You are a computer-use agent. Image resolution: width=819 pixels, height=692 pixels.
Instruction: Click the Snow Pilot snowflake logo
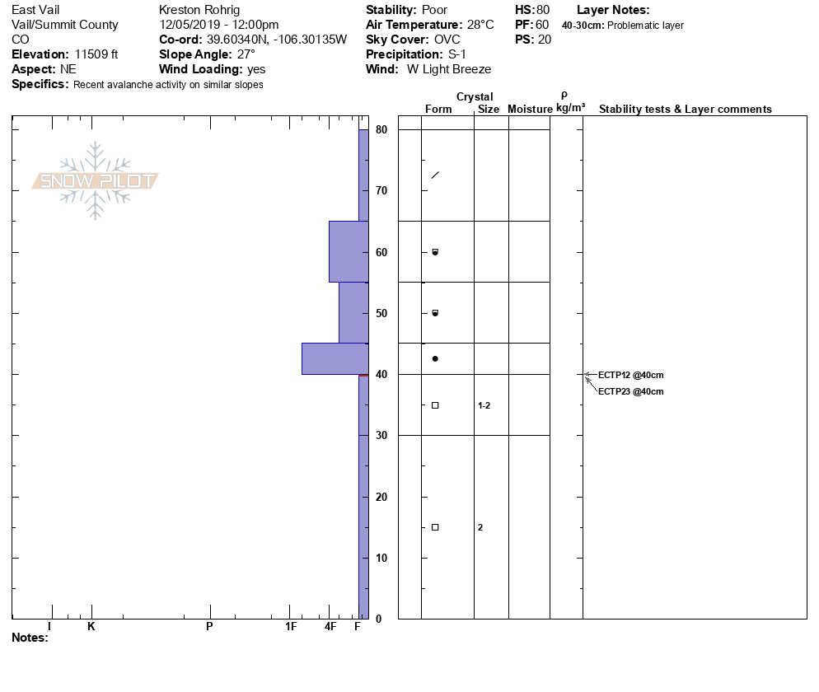[x=95, y=180]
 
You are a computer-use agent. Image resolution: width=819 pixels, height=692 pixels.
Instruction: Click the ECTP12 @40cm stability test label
[x=630, y=375]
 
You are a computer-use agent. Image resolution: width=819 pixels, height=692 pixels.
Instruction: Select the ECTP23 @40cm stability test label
[x=630, y=391]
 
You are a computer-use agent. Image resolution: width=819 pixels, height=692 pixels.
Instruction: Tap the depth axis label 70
[x=381, y=190]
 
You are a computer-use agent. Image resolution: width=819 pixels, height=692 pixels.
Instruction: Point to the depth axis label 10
[x=381, y=558]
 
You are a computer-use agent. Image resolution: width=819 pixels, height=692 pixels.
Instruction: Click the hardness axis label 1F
[x=291, y=626]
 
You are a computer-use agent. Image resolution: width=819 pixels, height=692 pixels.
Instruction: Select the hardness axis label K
[x=91, y=626]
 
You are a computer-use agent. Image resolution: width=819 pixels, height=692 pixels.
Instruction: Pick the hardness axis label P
[x=209, y=626]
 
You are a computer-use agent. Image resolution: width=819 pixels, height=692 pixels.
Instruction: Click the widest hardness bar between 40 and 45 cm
[x=335, y=359]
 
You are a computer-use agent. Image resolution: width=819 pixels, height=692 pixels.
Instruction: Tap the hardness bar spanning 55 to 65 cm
[x=349, y=252]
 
